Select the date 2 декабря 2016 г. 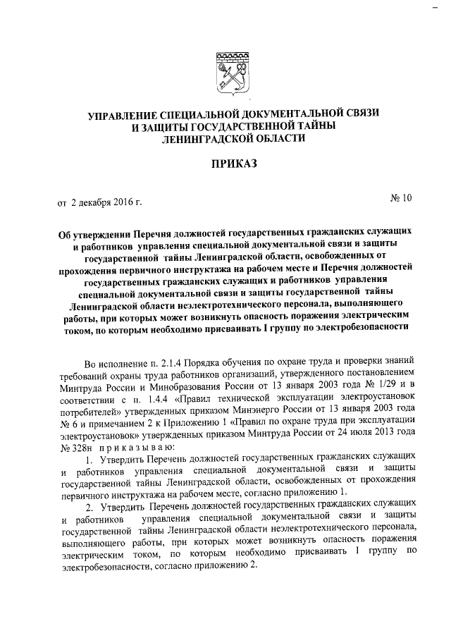pyautogui.click(x=106, y=204)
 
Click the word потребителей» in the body pyautogui.click(x=92, y=410)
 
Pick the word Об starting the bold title pyautogui.click(x=66, y=231)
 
